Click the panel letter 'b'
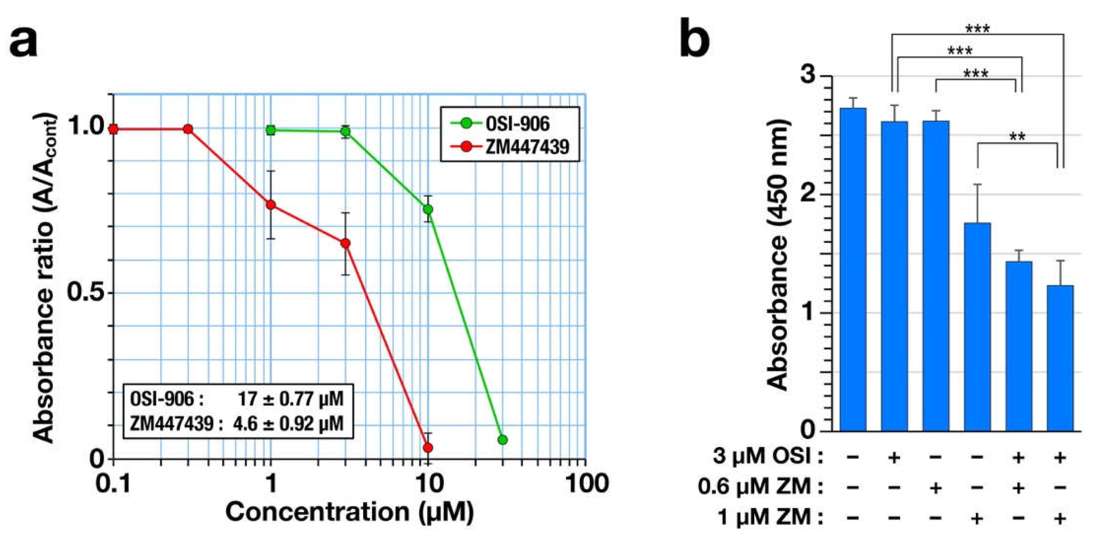pyautogui.click(x=695, y=37)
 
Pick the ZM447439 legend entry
pyautogui.click(x=510, y=147)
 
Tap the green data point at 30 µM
pyautogui.click(x=503, y=440)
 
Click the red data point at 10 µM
pyautogui.click(x=428, y=448)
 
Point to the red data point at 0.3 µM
pyautogui.click(x=188, y=129)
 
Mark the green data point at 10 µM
pyautogui.click(x=428, y=209)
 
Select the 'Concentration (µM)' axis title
pyautogui.click(x=350, y=513)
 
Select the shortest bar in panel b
pyautogui.click(x=1060, y=358)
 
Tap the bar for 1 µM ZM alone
pyautogui.click(x=977, y=327)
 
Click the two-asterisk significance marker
pyautogui.click(x=1017, y=137)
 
